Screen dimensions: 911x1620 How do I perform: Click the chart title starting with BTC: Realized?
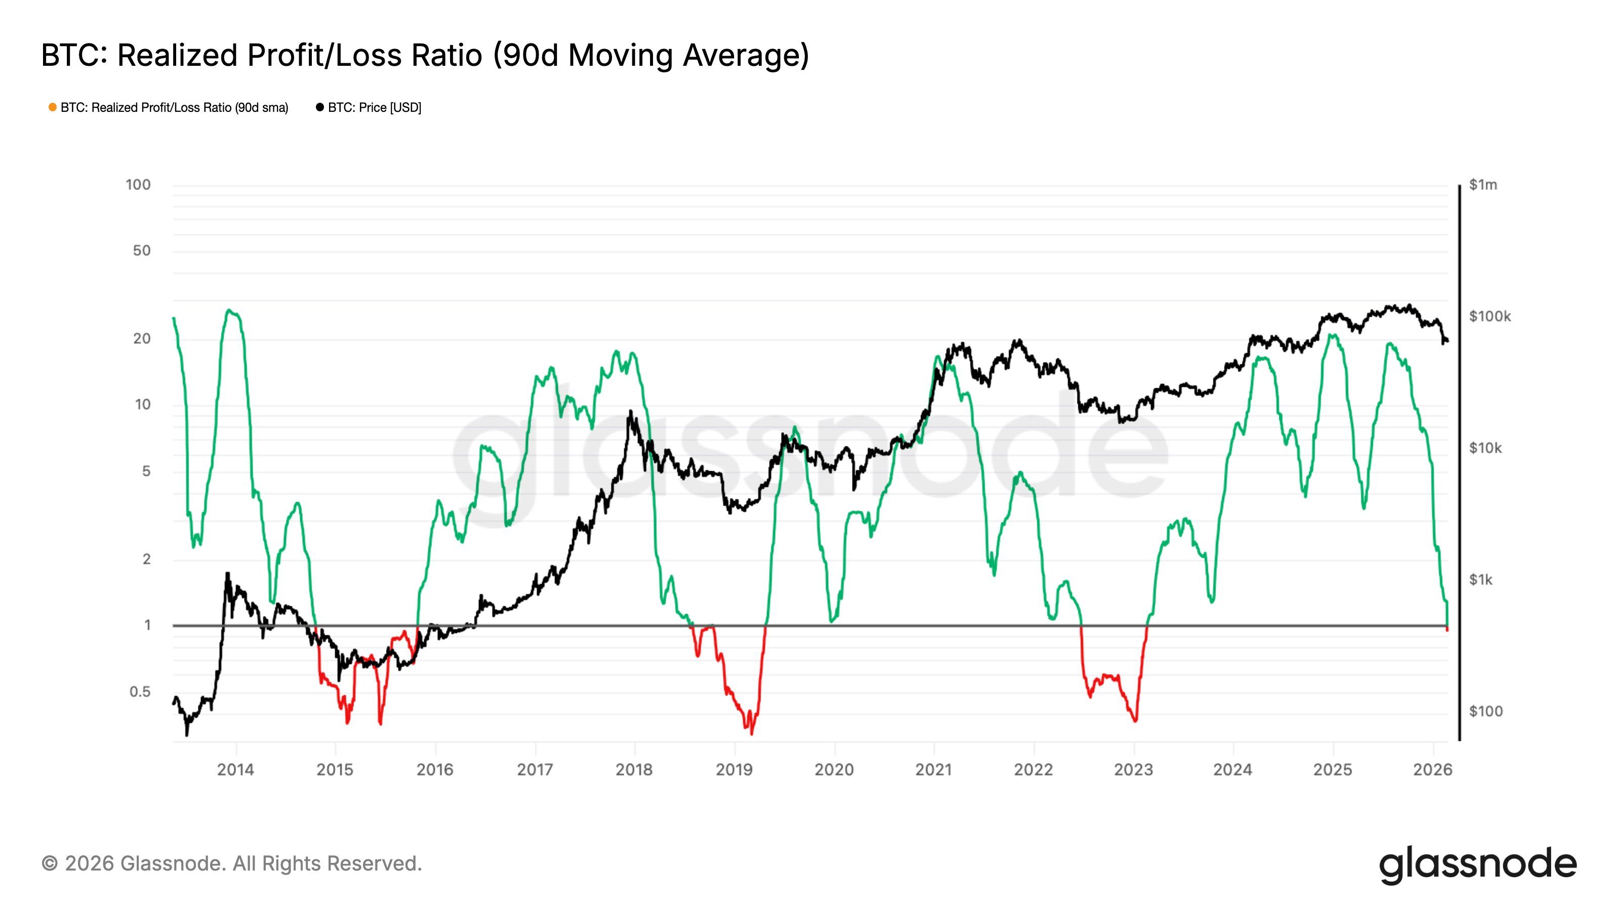click(x=425, y=55)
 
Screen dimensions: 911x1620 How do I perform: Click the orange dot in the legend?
click(x=53, y=107)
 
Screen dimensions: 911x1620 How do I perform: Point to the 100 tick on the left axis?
click(x=138, y=185)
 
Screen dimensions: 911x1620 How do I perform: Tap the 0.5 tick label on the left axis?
click(x=140, y=691)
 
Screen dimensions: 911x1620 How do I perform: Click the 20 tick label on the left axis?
click(x=142, y=339)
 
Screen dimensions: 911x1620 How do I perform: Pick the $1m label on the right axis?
click(x=1483, y=185)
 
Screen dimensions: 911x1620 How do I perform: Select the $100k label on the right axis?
click(x=1489, y=316)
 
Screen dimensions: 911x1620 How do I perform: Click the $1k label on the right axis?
click(x=1480, y=579)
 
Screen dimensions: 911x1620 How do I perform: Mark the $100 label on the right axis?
click(x=1485, y=711)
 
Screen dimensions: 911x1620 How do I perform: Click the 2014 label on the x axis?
click(x=235, y=769)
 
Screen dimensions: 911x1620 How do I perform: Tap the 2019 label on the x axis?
click(x=734, y=769)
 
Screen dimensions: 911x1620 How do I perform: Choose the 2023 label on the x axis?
click(x=1133, y=769)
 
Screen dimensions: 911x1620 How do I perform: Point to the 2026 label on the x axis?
click(x=1433, y=769)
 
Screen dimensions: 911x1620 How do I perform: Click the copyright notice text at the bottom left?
click(x=231, y=864)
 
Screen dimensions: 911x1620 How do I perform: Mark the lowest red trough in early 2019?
click(x=751, y=732)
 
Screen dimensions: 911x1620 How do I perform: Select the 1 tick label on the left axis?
click(x=147, y=626)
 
